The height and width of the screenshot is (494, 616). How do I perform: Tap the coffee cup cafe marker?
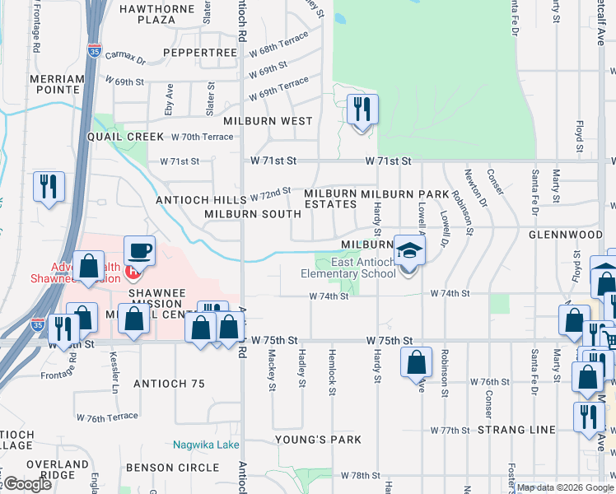point(138,250)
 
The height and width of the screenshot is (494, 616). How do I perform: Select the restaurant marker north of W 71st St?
point(362,109)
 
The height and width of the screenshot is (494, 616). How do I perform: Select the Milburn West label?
point(273,121)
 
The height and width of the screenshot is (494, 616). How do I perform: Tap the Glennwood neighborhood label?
point(566,235)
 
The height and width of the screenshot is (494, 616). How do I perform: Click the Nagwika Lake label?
point(206,445)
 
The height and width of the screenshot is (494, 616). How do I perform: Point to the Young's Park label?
point(318,440)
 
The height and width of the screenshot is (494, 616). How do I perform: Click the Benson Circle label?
point(173,468)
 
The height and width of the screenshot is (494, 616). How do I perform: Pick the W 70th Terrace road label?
point(202,137)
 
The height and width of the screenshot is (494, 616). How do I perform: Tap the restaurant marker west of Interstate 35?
point(49,186)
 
